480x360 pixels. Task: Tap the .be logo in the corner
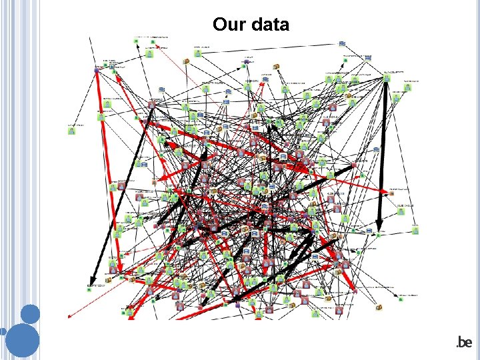[x=463, y=343]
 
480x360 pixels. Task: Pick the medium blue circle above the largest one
[x=30, y=313]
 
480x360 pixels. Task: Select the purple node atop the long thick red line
[x=97, y=69]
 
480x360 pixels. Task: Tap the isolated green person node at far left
[x=71, y=130]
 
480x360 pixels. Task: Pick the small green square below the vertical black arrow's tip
[x=379, y=235]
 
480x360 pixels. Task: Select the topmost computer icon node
[x=341, y=43]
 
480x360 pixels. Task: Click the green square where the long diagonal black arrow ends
[x=91, y=284]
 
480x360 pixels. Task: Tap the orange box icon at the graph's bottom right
[x=379, y=308]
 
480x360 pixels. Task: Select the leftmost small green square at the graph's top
[x=135, y=41]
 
